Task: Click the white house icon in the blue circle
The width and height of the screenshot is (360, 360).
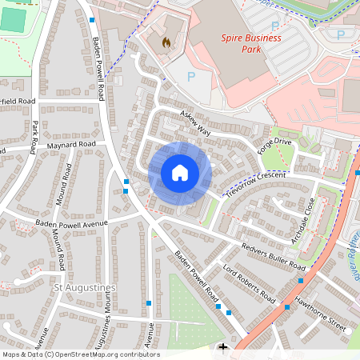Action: point(180,172)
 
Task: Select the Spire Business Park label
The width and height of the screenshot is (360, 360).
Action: point(251,42)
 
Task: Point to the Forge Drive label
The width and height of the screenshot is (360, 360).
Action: point(275,146)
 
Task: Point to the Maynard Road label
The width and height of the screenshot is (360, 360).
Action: point(70,145)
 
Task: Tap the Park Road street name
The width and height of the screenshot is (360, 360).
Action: point(36,137)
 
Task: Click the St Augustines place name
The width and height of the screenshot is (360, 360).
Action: point(85,286)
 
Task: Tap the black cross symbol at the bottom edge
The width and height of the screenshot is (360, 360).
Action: point(222,347)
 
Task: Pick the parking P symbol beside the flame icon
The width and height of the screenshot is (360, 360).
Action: point(190,76)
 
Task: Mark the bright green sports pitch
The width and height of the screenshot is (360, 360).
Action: point(11,19)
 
